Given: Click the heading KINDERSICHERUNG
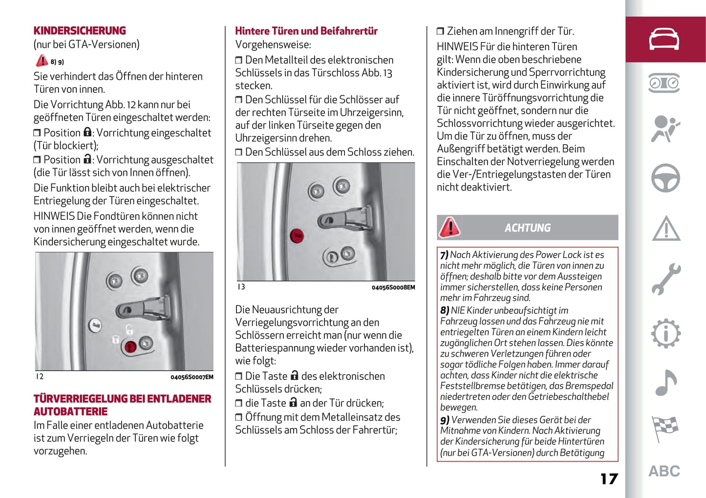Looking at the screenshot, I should coord(80,31).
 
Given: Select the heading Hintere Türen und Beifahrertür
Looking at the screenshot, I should coord(306,31).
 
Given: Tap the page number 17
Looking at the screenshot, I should coord(609,478).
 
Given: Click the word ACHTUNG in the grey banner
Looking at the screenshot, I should coord(527,228).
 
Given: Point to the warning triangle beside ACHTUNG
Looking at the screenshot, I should coord(449,227).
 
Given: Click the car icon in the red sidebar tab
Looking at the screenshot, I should coord(664,39).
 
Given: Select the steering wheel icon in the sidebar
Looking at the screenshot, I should coord(665,177).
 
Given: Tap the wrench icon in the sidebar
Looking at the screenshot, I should coord(665,279).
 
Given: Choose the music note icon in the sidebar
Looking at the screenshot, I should coord(665,382).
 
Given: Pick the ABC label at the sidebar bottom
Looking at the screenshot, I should coord(664,471).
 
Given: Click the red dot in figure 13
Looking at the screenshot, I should coord(297,236).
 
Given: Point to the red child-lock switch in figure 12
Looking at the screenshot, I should coord(130,346).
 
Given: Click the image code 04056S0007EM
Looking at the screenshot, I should coord(192,377).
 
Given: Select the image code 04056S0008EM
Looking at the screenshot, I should coord(393,287).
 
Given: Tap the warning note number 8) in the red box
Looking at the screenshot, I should coord(445,310).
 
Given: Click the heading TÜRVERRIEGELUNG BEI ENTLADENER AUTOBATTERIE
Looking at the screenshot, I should coord(122,405).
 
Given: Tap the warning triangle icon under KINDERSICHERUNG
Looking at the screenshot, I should coord(42,61).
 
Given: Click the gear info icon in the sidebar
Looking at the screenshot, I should coord(665,333).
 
